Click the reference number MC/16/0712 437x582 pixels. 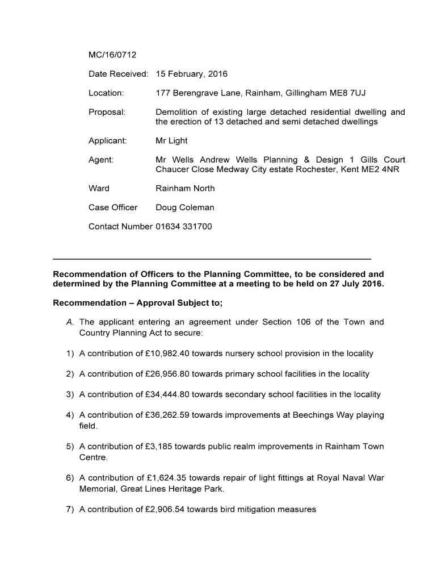point(112,55)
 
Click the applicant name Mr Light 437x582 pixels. point(171,140)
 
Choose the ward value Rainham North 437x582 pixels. point(185,188)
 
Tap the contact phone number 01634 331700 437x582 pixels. point(184,226)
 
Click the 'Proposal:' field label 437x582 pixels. point(107,112)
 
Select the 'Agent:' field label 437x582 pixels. point(101,160)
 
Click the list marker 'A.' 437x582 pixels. point(70,322)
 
